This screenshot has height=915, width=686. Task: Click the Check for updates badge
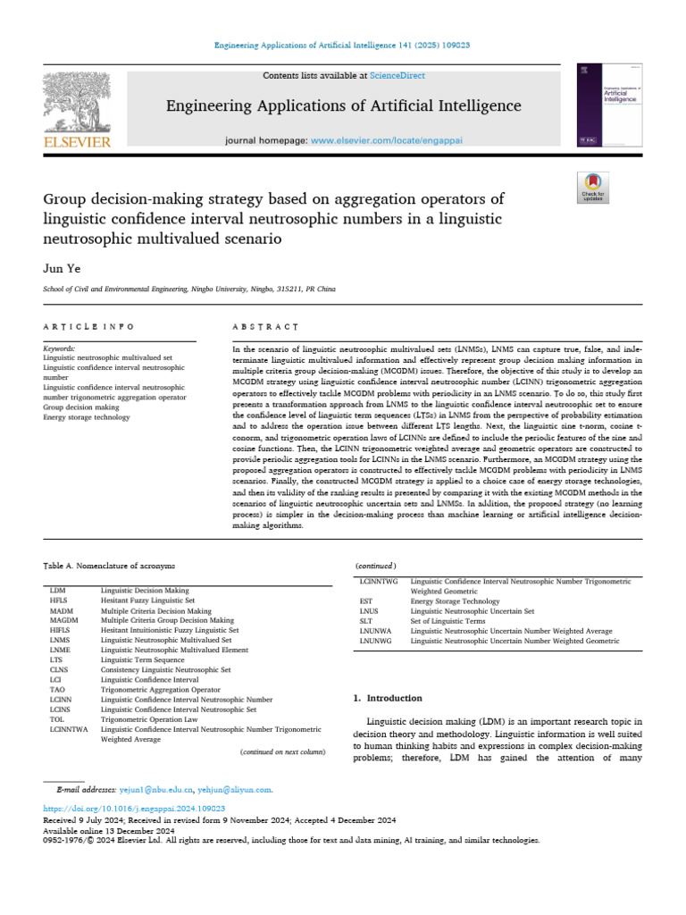coord(593,188)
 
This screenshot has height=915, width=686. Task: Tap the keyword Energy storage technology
coord(86,416)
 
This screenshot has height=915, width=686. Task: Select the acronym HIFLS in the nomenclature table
coord(60,629)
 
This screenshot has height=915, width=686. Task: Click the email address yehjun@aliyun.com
coord(235,790)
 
